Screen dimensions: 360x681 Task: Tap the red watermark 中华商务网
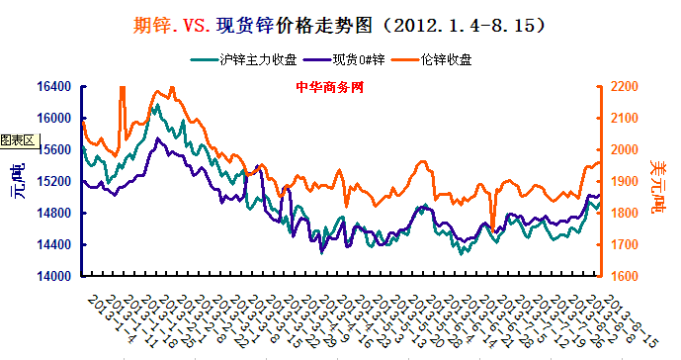pyautogui.click(x=330, y=87)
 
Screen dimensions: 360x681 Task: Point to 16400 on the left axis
pyautogui.click(x=55, y=87)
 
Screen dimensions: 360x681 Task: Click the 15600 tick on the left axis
pyautogui.click(x=55, y=150)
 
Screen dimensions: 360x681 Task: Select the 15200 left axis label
pyautogui.click(x=55, y=182)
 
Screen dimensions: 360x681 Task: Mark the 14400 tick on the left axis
pyautogui.click(x=55, y=245)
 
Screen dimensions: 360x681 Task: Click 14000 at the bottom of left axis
pyautogui.click(x=55, y=277)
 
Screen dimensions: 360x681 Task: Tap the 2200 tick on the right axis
pyautogui.click(x=627, y=87)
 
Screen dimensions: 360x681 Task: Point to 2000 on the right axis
pyautogui.click(x=627, y=150)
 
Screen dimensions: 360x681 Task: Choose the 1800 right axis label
pyautogui.click(x=627, y=214)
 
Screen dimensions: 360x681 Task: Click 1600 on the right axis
pyautogui.click(x=627, y=277)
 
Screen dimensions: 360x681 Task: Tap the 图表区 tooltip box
pyautogui.click(x=18, y=140)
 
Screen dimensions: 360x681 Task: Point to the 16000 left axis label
pyautogui.click(x=55, y=119)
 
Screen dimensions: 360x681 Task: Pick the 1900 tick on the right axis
pyautogui.click(x=627, y=182)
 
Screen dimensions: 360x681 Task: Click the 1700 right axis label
pyautogui.click(x=627, y=245)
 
